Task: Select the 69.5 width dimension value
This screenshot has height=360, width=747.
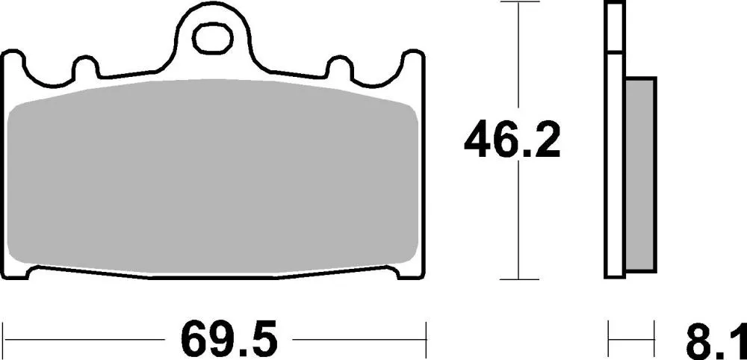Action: pos(229,341)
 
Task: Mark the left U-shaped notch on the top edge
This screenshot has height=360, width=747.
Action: pos(86,68)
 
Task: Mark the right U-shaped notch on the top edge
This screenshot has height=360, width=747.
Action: pos(340,68)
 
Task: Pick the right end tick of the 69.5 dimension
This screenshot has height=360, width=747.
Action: pos(425,338)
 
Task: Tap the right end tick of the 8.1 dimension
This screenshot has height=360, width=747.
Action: pos(655,338)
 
